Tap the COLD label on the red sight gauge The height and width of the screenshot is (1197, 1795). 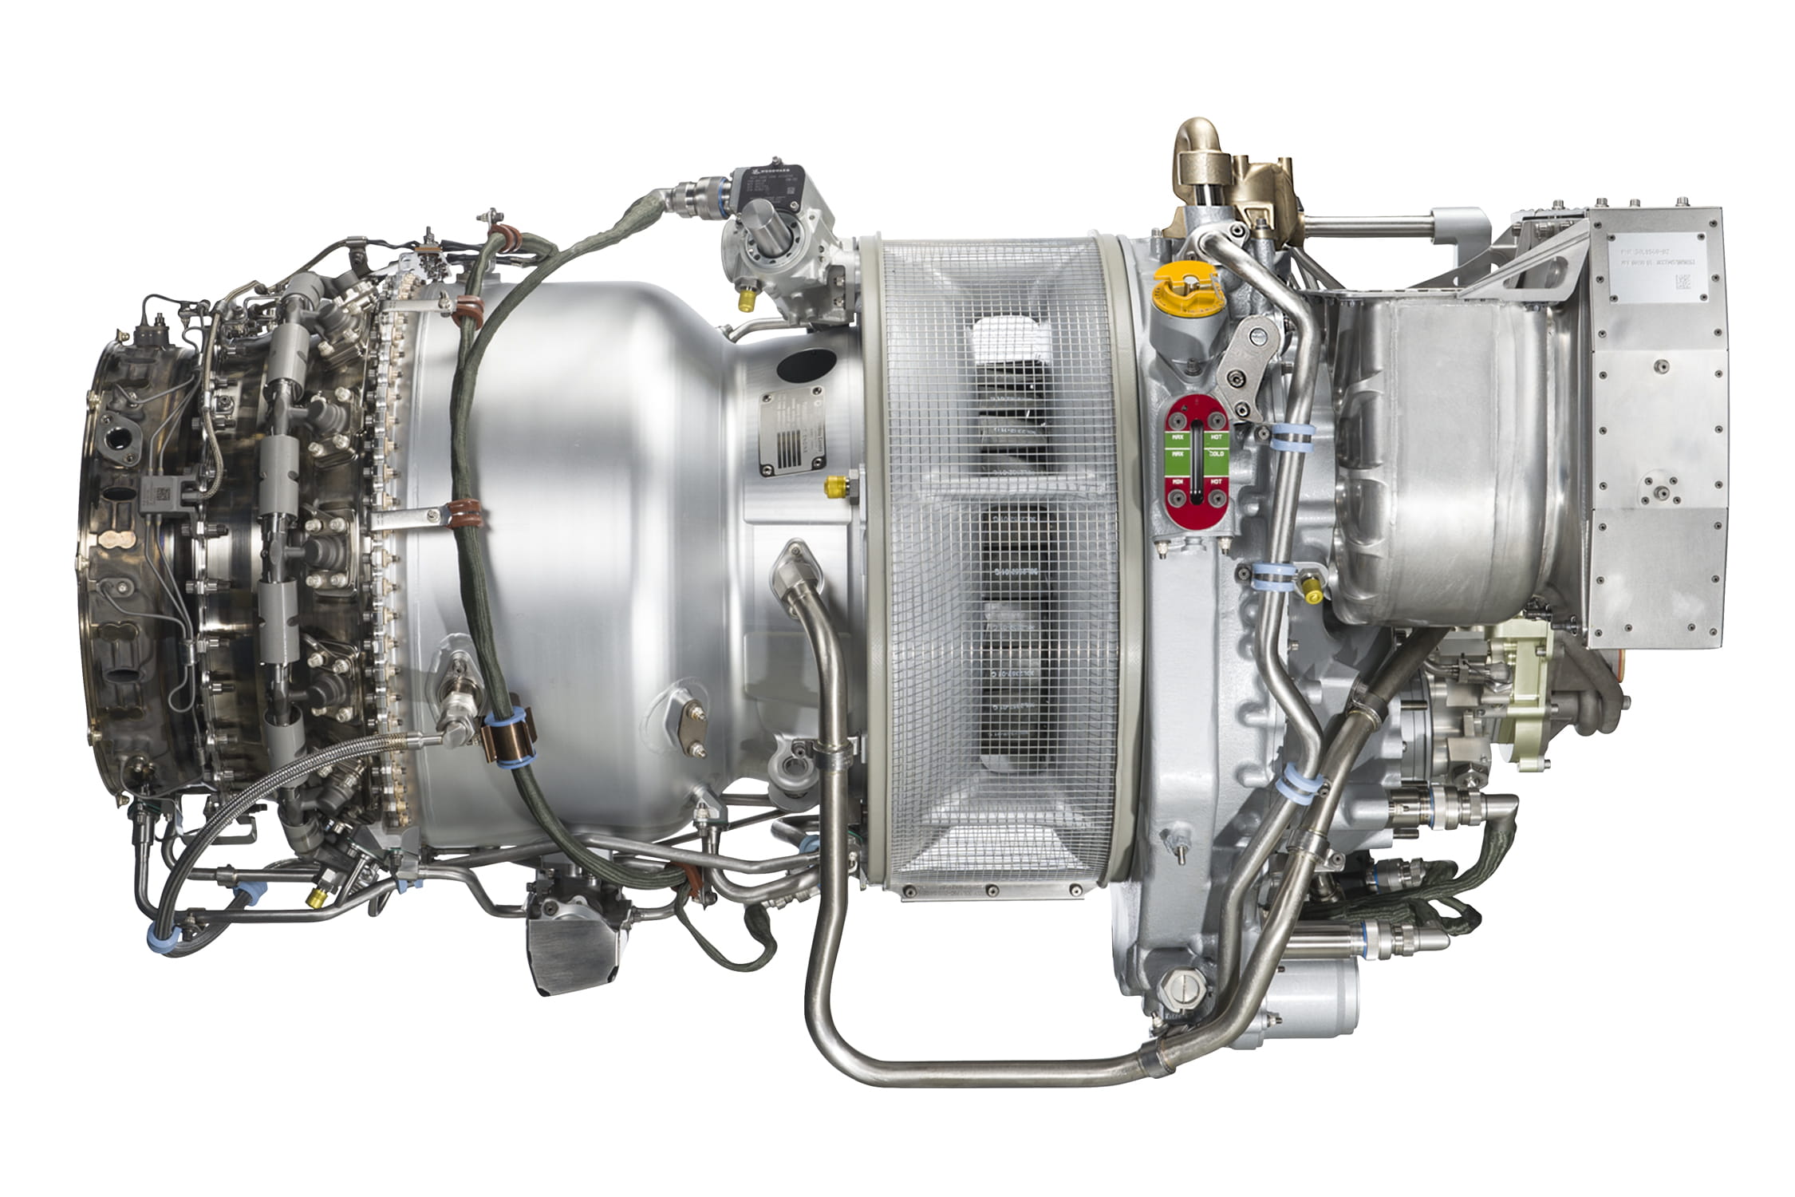tap(1217, 454)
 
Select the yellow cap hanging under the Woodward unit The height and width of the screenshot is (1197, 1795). tap(748, 298)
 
